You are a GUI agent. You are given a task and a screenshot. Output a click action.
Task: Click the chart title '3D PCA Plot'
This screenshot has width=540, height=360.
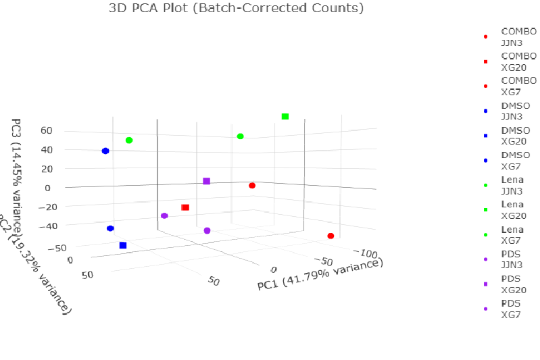click(x=237, y=9)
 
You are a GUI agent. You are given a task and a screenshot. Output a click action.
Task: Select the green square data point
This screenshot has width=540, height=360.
click(x=285, y=117)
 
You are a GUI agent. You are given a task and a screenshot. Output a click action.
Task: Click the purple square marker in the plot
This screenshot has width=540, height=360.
click(x=207, y=181)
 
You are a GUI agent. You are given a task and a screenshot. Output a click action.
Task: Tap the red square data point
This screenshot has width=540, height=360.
click(x=185, y=207)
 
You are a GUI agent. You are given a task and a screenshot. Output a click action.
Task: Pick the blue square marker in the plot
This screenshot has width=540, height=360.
click(x=123, y=245)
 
